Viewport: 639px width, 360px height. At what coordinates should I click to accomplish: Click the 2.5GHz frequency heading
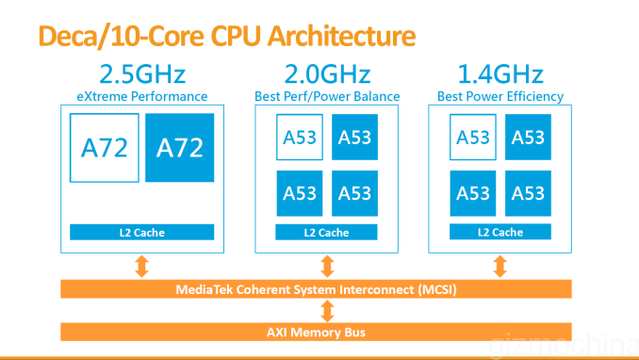pos(141,74)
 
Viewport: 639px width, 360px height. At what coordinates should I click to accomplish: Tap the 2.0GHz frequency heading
pos(326,74)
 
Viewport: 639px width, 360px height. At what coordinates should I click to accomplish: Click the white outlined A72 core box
pos(105,148)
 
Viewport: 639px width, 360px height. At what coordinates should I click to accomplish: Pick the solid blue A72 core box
pos(180,148)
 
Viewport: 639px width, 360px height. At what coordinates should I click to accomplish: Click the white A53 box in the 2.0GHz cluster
pos(300,138)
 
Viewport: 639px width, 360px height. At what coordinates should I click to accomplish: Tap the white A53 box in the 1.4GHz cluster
pos(473,138)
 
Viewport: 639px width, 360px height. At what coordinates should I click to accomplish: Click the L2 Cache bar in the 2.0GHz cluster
pos(327,233)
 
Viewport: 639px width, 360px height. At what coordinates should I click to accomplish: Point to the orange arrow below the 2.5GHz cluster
pos(141,267)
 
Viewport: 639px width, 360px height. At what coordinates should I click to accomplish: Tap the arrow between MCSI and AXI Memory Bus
pos(326,310)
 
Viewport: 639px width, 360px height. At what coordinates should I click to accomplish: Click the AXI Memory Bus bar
pos(326,331)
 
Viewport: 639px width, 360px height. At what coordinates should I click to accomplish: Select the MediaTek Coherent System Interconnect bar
pos(326,289)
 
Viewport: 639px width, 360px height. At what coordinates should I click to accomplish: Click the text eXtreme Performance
pos(141,96)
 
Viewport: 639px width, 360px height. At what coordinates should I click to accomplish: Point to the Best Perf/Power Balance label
pos(327,96)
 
